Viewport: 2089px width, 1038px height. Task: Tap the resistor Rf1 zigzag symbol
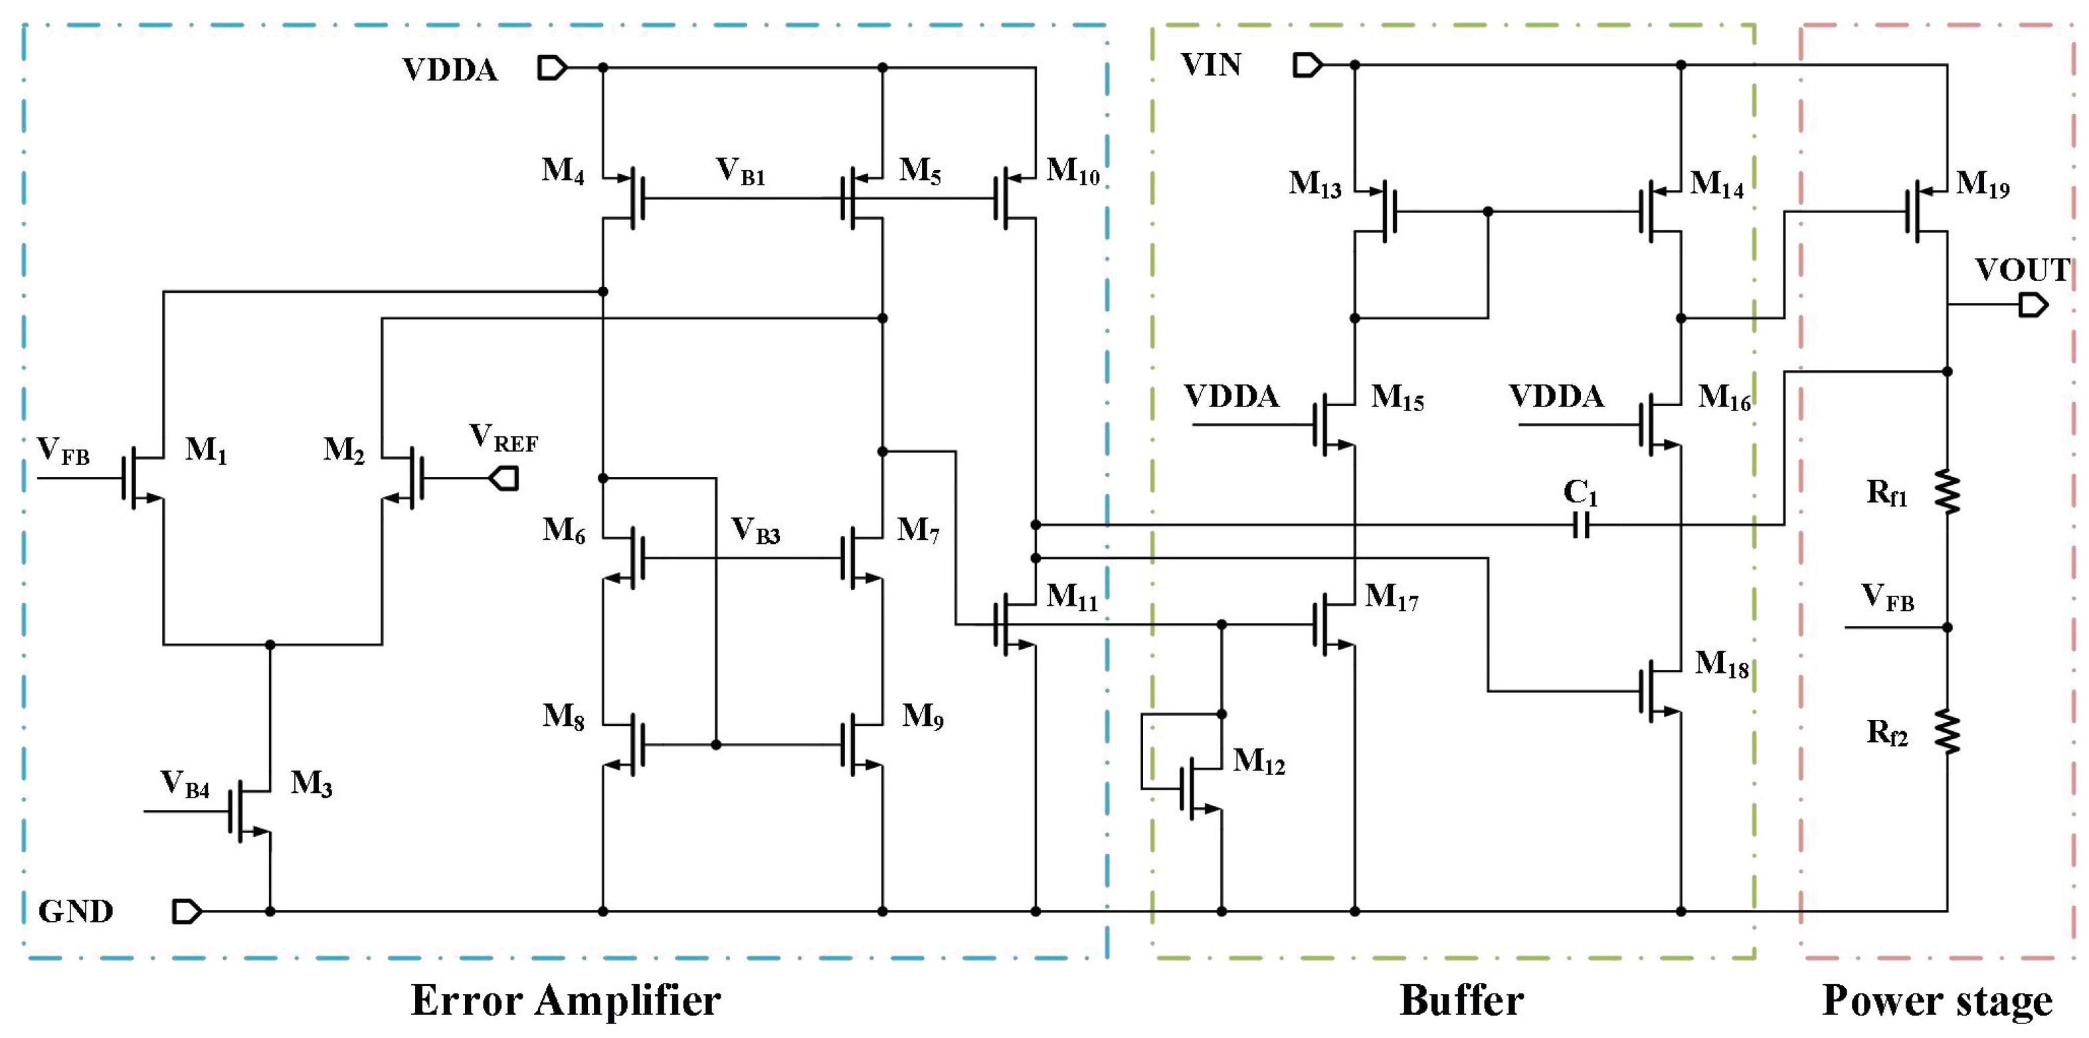[x=1947, y=491]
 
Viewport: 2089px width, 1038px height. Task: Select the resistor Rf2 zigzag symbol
[x=1947, y=731]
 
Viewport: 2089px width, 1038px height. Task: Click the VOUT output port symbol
[x=2034, y=305]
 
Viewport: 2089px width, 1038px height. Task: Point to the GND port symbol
[x=187, y=912]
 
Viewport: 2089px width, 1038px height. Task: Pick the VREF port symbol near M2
[x=503, y=478]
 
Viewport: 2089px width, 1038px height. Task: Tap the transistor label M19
[x=1982, y=185]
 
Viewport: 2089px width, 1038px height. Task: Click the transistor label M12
[x=1259, y=762]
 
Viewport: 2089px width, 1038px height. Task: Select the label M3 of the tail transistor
[x=312, y=784]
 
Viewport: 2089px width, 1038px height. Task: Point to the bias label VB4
[x=185, y=784]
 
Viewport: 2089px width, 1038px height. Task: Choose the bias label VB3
[x=755, y=531]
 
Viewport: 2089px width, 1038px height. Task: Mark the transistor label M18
[x=1722, y=664]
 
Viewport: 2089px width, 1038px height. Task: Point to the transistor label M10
[x=1073, y=171]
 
